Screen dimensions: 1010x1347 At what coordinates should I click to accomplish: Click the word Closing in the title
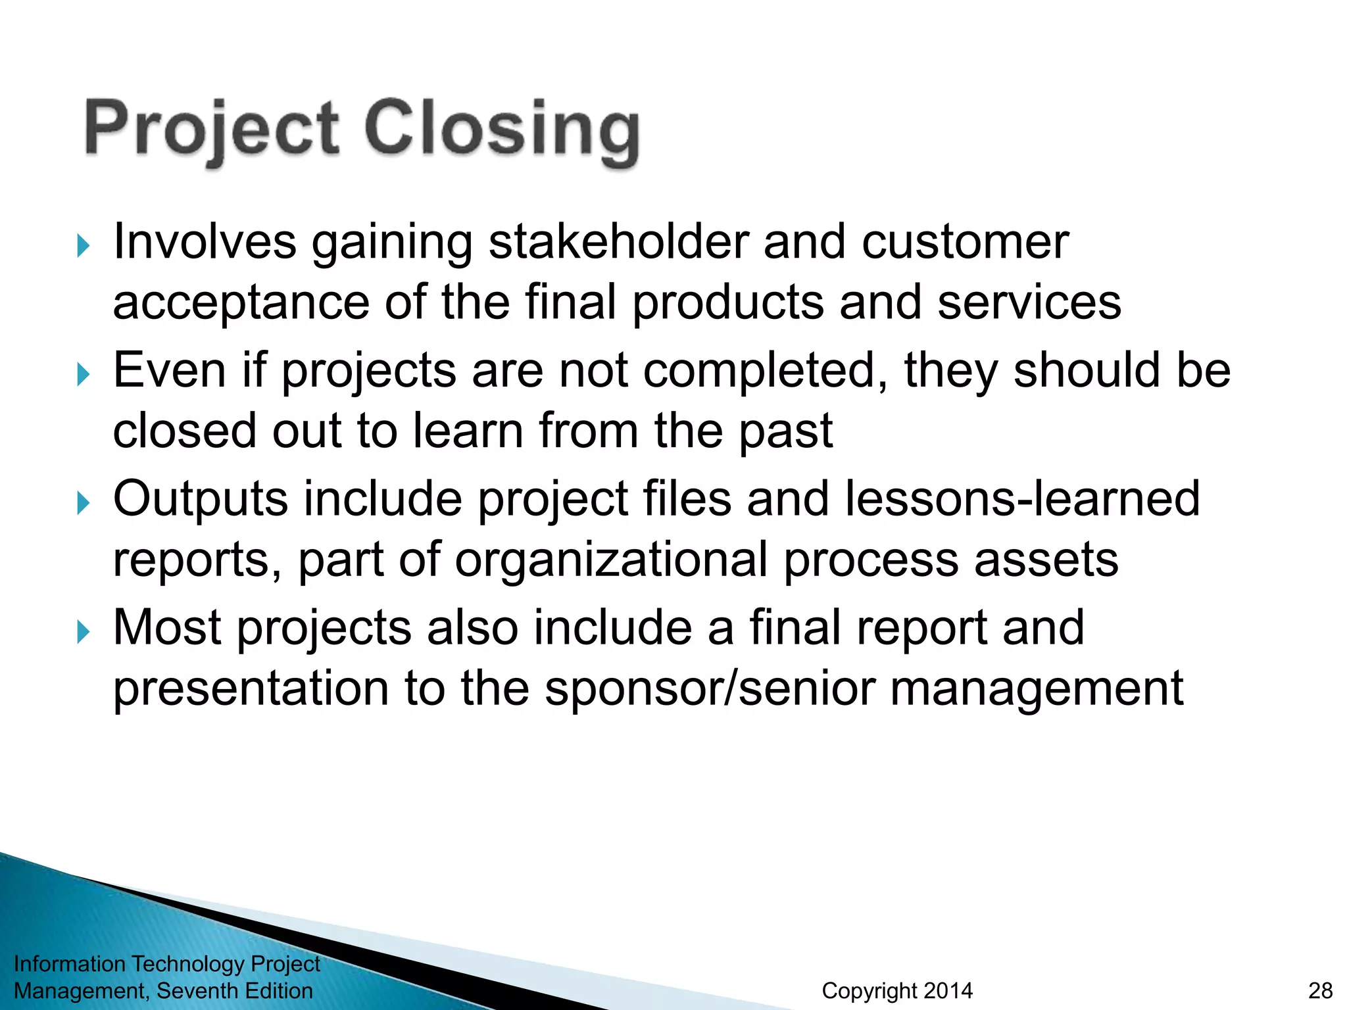501,130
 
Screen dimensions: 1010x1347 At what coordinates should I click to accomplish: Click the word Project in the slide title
212,130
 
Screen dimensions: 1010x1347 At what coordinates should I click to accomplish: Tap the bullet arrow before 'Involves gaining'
82,247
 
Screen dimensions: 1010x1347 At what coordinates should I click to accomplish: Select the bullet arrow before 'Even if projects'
82,375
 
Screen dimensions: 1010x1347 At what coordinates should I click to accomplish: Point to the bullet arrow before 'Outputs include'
82,504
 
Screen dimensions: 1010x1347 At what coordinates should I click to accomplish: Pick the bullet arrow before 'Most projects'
82,633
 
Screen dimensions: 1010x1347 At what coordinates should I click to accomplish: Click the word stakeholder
618,242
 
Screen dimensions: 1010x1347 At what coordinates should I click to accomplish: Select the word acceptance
241,304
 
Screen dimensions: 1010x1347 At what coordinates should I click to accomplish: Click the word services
1029,302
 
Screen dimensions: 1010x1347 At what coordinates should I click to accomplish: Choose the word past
786,433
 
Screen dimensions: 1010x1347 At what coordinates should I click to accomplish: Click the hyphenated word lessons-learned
1023,498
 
